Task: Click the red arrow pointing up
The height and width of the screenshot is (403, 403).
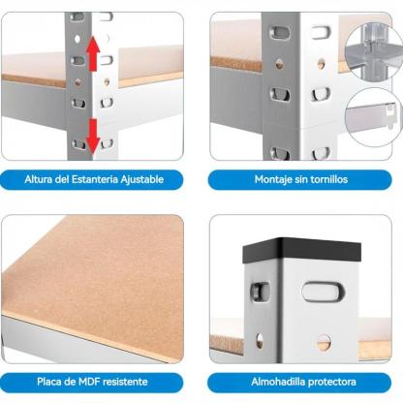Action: click(x=93, y=53)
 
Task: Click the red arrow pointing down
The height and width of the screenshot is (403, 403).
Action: click(x=93, y=136)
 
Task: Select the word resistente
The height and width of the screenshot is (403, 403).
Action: click(x=124, y=382)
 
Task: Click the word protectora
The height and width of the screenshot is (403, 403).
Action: click(x=332, y=382)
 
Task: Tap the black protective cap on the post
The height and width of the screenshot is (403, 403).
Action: click(x=301, y=250)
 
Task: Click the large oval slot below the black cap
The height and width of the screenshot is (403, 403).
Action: click(x=323, y=292)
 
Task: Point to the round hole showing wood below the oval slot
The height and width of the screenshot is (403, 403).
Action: click(x=323, y=343)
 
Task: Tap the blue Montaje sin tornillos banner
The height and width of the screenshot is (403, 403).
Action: click(x=300, y=179)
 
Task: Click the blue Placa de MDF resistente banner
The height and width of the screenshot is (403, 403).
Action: click(x=92, y=382)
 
